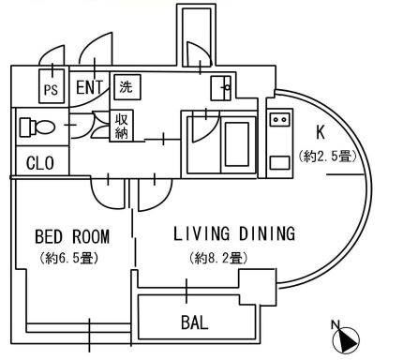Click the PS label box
[x=52, y=86]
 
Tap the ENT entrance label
[x=89, y=87]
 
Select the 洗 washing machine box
[x=127, y=87]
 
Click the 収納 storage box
[x=121, y=126]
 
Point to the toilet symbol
[x=37, y=127]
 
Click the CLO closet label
[x=40, y=163]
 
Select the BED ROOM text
[x=72, y=236]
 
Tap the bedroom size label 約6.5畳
[x=69, y=258]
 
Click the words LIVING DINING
[x=234, y=233]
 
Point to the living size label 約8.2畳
[x=218, y=258]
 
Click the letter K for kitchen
[x=321, y=132]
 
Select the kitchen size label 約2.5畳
[x=327, y=156]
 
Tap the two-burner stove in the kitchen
[x=280, y=120]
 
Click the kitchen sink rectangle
[x=280, y=163]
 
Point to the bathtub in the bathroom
[x=237, y=144]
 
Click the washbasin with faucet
[x=221, y=88]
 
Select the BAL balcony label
[x=195, y=322]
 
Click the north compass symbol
[x=346, y=340]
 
